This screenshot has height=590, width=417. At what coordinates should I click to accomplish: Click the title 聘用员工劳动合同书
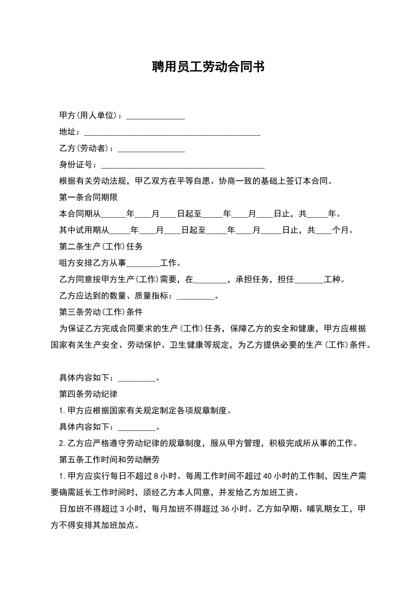[x=208, y=67]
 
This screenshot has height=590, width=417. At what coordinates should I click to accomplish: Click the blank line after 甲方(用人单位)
[x=155, y=117]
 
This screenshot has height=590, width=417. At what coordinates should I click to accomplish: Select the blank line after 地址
[x=172, y=133]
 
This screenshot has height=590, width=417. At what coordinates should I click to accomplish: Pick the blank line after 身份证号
[x=183, y=166]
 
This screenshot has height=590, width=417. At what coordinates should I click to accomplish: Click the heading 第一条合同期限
[x=88, y=198]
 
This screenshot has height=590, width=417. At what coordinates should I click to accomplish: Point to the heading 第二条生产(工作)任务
[x=101, y=247]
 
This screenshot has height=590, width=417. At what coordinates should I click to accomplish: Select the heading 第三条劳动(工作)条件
[x=101, y=312]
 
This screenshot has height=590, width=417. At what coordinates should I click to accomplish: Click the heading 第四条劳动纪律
[x=88, y=394]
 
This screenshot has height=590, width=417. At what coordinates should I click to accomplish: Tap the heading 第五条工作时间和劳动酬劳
[x=109, y=460]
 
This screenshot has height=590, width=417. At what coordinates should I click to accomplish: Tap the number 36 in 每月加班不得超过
[x=225, y=509]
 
